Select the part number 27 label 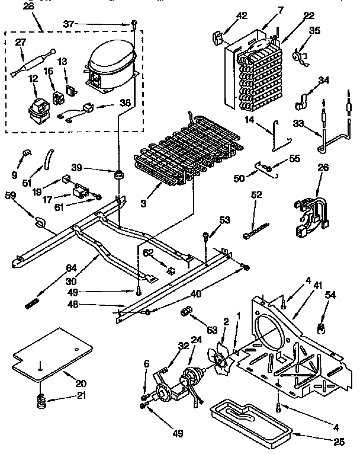(21, 43)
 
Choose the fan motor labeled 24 (192, 376)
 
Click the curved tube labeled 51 (48, 161)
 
